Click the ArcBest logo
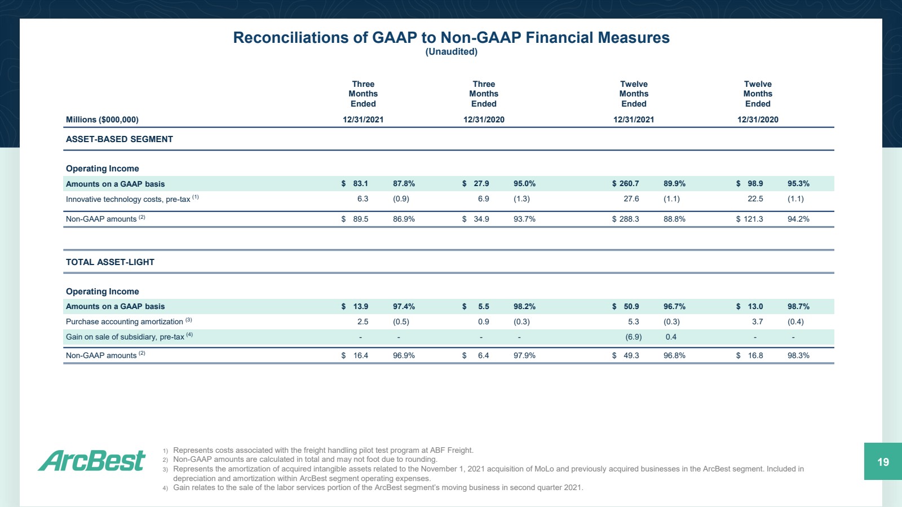click(91, 460)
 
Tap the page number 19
click(883, 462)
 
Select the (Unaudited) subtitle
click(452, 51)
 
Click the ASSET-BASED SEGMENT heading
click(119, 139)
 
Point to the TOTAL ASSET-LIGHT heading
click(110, 262)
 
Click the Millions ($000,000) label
click(102, 120)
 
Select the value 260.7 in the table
click(629, 184)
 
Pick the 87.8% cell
click(404, 184)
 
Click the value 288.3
click(629, 219)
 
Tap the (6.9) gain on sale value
click(634, 337)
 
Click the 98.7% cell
click(798, 306)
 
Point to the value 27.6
click(631, 199)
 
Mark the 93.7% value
click(524, 219)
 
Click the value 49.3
click(631, 356)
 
